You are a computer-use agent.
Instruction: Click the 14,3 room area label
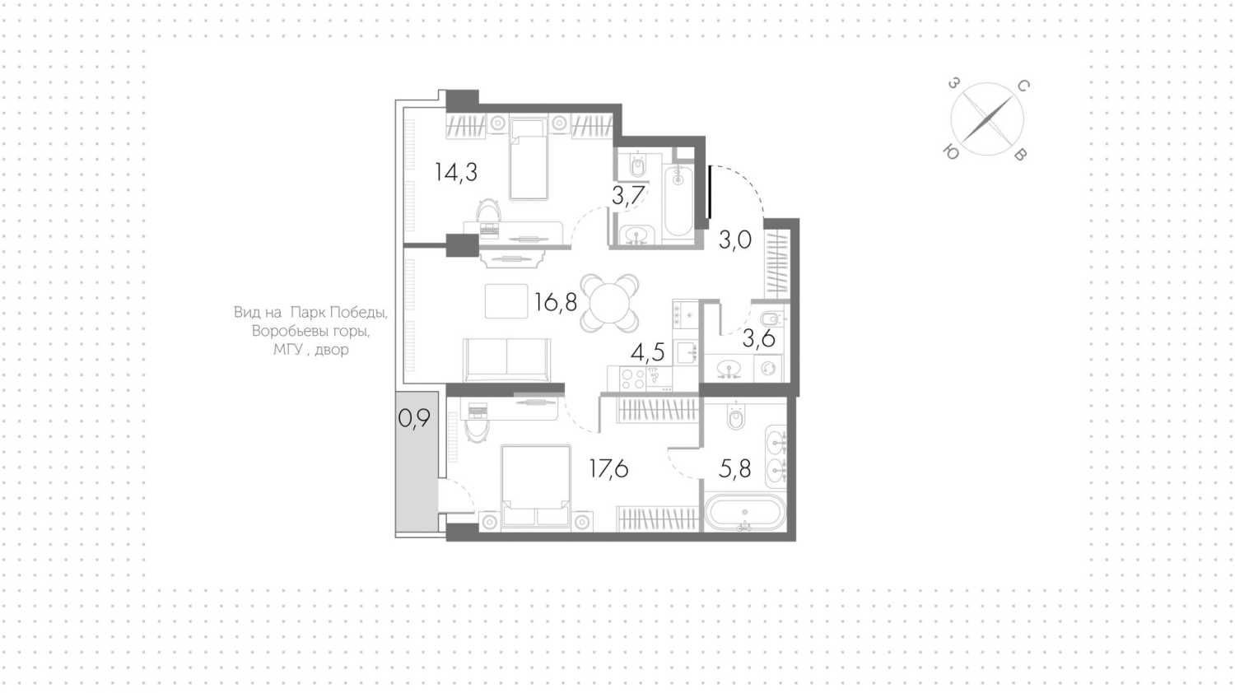pos(456,173)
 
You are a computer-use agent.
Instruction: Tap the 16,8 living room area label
pos(556,302)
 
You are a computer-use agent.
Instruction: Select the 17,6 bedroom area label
pos(608,468)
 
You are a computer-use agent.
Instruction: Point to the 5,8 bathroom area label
pos(735,468)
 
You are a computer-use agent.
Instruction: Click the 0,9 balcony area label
pos(414,419)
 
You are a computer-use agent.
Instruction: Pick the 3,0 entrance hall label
pos(735,240)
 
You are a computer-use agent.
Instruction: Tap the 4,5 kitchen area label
pos(648,351)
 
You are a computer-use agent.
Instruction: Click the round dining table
pos(609,303)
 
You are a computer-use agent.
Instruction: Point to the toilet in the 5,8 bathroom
pos(735,417)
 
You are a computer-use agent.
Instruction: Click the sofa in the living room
pos(506,360)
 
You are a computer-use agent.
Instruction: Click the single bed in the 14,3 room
pos(529,159)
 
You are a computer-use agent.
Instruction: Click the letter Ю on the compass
pos(950,152)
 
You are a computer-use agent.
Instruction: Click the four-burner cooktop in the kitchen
pos(632,379)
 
